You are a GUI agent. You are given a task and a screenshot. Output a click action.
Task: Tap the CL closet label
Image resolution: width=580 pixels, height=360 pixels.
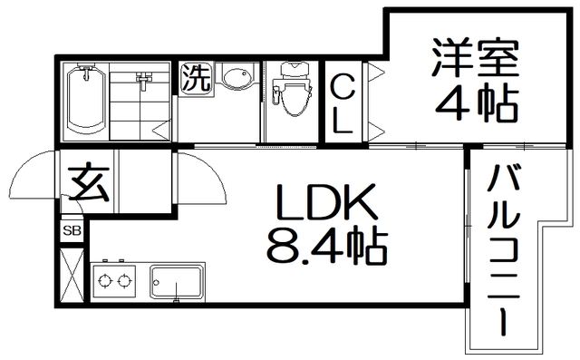pos(343,106)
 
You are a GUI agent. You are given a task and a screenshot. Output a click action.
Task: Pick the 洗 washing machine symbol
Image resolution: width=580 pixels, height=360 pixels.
pos(194,77)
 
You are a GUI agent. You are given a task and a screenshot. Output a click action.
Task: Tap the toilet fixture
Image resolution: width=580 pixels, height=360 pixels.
pos(292,92)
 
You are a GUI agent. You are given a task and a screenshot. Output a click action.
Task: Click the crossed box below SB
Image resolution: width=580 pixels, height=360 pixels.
pos(71,271)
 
